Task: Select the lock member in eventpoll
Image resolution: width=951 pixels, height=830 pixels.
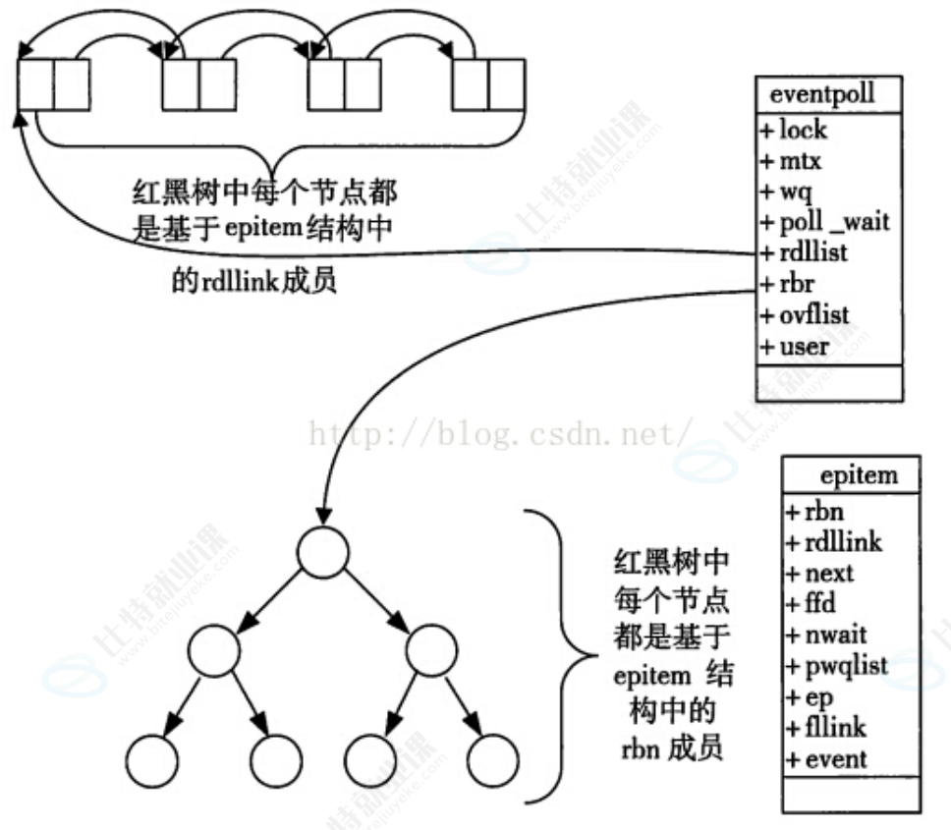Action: tap(797, 130)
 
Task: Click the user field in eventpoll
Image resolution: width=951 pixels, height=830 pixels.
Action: tap(799, 346)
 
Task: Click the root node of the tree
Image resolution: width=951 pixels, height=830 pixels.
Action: tap(325, 553)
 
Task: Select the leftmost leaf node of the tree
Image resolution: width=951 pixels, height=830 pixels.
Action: tap(151, 756)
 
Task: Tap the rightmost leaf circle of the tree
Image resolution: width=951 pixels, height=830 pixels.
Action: tap(492, 756)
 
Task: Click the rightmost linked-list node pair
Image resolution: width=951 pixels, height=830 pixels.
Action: tap(488, 84)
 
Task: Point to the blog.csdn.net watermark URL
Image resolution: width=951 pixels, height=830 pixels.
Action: tap(501, 433)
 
